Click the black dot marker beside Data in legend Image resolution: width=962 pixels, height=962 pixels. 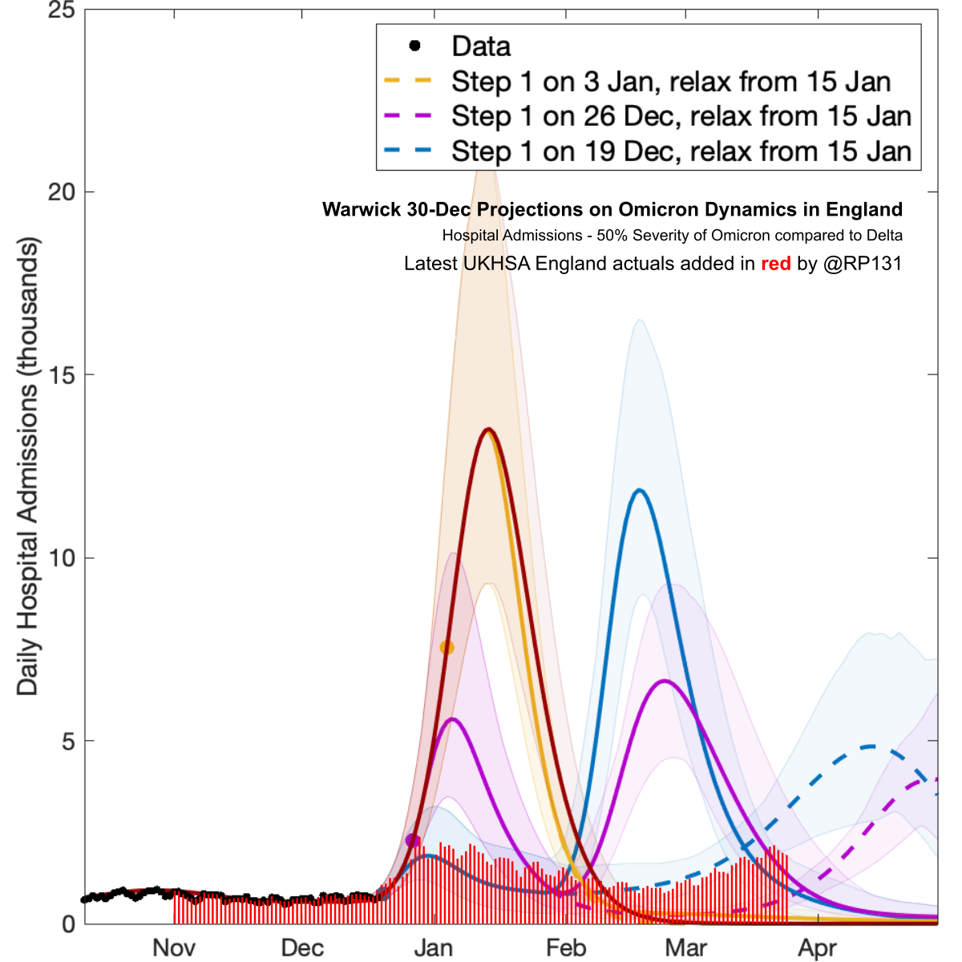tap(414, 46)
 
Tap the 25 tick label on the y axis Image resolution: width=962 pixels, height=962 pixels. tap(61, 10)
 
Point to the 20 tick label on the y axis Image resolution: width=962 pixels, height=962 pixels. tap(61, 192)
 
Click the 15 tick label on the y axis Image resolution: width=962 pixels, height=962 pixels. tap(61, 374)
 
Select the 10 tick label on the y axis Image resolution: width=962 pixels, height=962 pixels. tap(61, 558)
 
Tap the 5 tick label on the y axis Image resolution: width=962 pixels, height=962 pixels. tap(68, 741)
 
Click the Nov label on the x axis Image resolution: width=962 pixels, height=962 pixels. tap(174, 948)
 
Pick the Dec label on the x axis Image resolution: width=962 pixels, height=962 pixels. tap(302, 948)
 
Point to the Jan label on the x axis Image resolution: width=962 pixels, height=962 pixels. tap(434, 948)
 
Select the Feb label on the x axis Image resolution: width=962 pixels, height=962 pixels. tap(566, 948)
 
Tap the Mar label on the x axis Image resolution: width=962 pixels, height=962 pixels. tap(686, 948)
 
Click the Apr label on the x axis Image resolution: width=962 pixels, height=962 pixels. tap(818, 948)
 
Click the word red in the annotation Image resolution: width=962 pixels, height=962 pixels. tap(775, 263)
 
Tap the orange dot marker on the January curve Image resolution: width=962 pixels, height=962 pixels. tap(447, 647)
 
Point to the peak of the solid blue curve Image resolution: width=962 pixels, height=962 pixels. tap(639, 490)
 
